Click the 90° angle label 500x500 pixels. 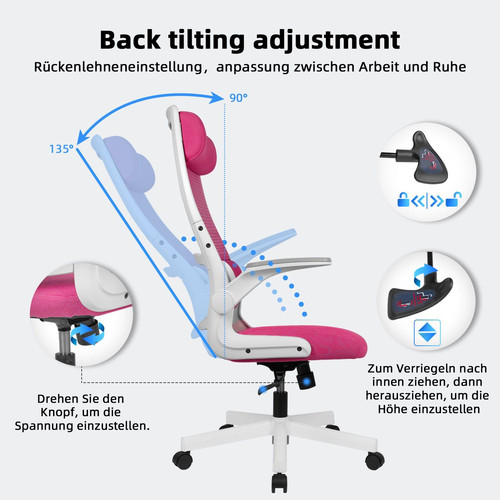click(238, 98)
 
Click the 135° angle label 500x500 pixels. click(61, 149)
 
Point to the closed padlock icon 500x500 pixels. click(403, 199)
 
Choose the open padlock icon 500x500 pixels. click(454, 199)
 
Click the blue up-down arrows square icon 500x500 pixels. click(427, 333)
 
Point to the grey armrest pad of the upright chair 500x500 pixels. click(289, 263)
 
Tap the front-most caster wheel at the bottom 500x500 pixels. click(279, 482)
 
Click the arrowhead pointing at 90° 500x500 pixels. click(216, 98)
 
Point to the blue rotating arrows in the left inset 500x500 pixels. click(87, 334)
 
